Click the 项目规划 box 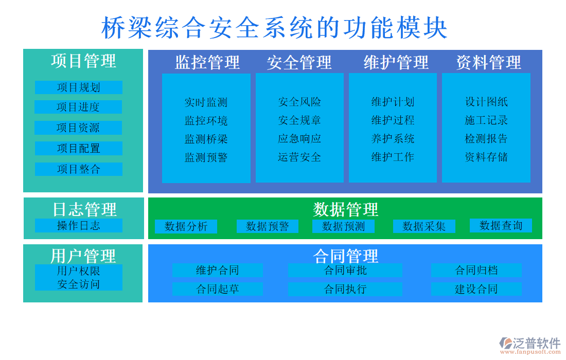[79, 87]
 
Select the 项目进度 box [78, 107]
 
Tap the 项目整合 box [79, 169]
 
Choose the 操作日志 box [79, 225]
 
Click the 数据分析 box [186, 226]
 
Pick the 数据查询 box [501, 225]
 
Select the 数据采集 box [424, 226]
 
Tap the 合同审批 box [345, 270]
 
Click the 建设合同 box [476, 289]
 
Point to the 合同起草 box [217, 289]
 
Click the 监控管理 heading [207, 62]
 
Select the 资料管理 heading [488, 62]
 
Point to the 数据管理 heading [345, 209]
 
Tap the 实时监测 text [206, 102]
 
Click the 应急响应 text [299, 138]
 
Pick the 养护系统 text [393, 138]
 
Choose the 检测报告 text [486, 138]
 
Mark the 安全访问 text [79, 284]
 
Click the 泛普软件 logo [529, 345]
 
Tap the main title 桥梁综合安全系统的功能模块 [274, 28]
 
